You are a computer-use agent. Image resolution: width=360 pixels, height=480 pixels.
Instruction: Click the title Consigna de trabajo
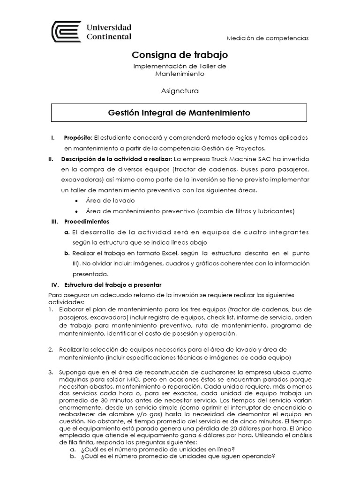point(180,55)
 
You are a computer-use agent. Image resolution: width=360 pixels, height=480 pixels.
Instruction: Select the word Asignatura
point(180,90)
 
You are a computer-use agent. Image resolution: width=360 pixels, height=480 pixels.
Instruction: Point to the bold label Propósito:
point(78,137)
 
